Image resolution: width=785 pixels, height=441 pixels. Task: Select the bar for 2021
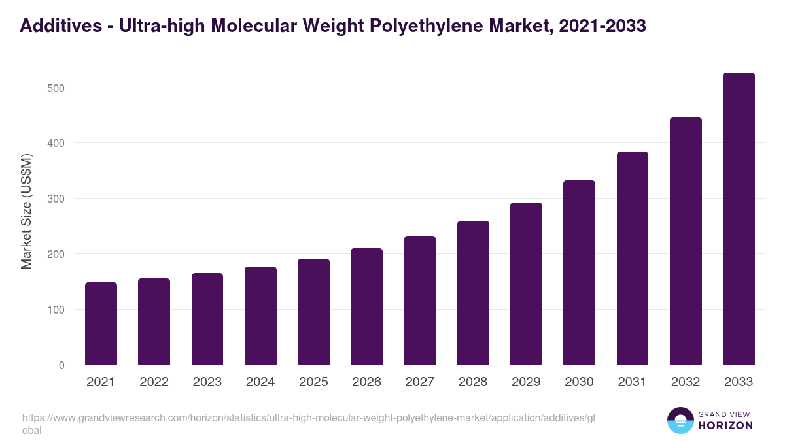click(101, 323)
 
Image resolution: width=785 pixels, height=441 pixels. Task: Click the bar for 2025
click(313, 312)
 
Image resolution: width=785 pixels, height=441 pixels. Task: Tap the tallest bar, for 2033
click(739, 219)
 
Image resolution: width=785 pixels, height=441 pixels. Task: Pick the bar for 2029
click(526, 284)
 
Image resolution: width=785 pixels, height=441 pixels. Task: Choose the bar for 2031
click(633, 258)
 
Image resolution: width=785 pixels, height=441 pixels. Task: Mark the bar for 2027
click(420, 301)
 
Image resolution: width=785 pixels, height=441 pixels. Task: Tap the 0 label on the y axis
click(61, 365)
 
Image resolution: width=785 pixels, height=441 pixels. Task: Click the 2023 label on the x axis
click(207, 382)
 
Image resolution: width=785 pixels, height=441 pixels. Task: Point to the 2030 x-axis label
click(579, 382)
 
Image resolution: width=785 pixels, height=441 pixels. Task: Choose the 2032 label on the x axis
click(686, 382)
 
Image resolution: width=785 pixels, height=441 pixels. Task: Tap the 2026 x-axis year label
click(366, 382)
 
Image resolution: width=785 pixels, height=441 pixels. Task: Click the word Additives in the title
click(58, 25)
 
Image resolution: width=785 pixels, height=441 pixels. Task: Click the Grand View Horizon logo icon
click(680, 420)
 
